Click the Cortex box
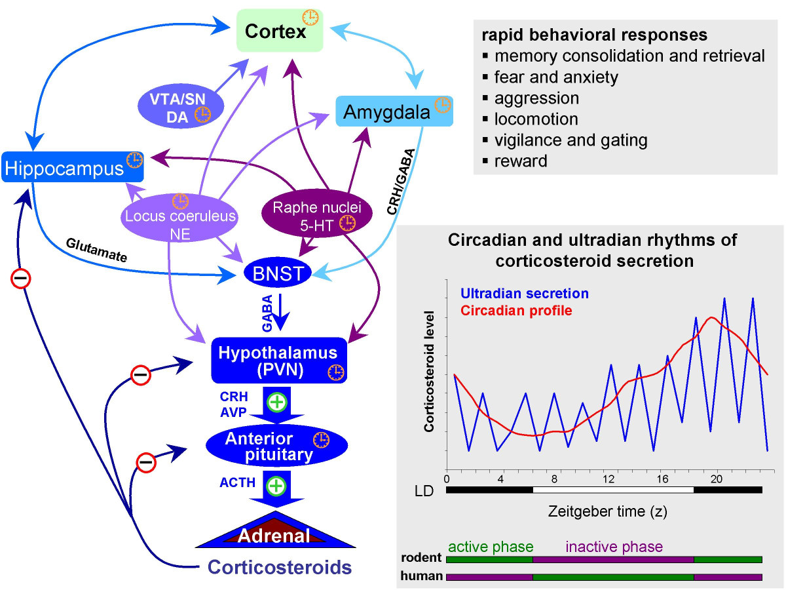pyautogui.click(x=280, y=31)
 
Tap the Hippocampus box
pyautogui.click(x=72, y=168)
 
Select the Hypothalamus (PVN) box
pyautogui.click(x=278, y=361)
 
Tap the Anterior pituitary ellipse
pyautogui.click(x=269, y=446)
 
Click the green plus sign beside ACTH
pyautogui.click(x=276, y=486)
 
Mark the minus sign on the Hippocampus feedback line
pyautogui.click(x=21, y=279)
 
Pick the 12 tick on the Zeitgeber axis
pyautogui.click(x=610, y=479)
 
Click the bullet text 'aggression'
pyautogui.click(x=537, y=98)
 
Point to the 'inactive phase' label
pyautogui.click(x=614, y=547)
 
